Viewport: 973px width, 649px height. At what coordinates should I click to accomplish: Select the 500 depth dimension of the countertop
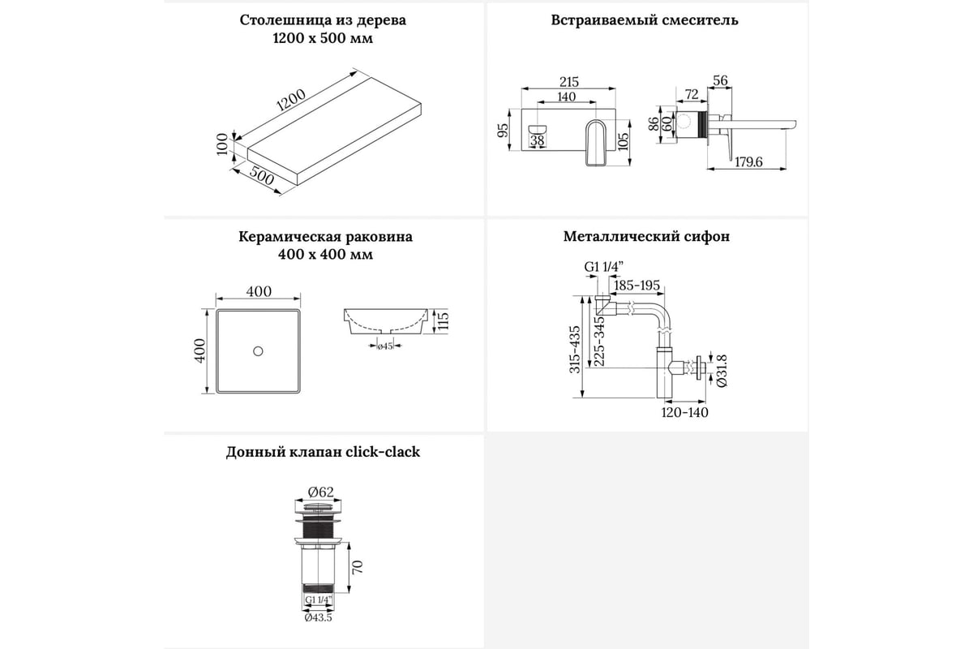(x=261, y=178)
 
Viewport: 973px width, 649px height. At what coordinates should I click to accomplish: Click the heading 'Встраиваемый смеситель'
(x=645, y=19)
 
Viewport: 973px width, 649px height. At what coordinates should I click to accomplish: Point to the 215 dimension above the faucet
(x=568, y=81)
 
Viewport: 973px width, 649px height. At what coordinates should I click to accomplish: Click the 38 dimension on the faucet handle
(x=537, y=140)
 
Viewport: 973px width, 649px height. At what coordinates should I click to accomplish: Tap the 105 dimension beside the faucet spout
(x=623, y=140)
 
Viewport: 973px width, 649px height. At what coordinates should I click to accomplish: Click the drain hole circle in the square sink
(x=258, y=350)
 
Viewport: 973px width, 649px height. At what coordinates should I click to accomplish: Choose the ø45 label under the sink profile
(x=385, y=346)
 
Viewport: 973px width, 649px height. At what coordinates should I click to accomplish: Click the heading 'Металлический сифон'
(x=646, y=237)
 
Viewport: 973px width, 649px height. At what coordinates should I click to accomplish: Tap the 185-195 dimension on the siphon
(x=637, y=286)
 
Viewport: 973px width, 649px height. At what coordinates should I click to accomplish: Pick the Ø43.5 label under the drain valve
(x=319, y=617)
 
